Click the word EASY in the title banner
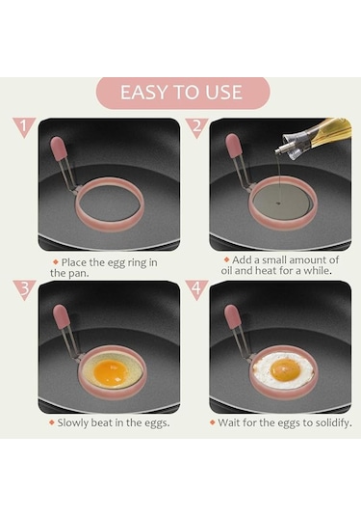pyautogui.click(x=142, y=93)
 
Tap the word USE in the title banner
pyautogui.click(x=223, y=93)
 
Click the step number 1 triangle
pyautogui.click(x=24, y=126)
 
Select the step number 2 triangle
pyautogui.click(x=196, y=127)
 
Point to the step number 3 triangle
pyautogui.click(x=24, y=289)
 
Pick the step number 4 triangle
pyautogui.click(x=196, y=289)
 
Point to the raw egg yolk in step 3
pyautogui.click(x=111, y=373)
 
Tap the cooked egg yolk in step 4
pyautogui.click(x=286, y=369)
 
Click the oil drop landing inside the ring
pyautogui.click(x=278, y=204)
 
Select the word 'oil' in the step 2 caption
pyautogui.click(x=226, y=271)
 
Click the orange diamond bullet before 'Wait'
pyautogui.click(x=213, y=422)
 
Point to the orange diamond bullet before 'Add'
pyautogui.click(x=226, y=259)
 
